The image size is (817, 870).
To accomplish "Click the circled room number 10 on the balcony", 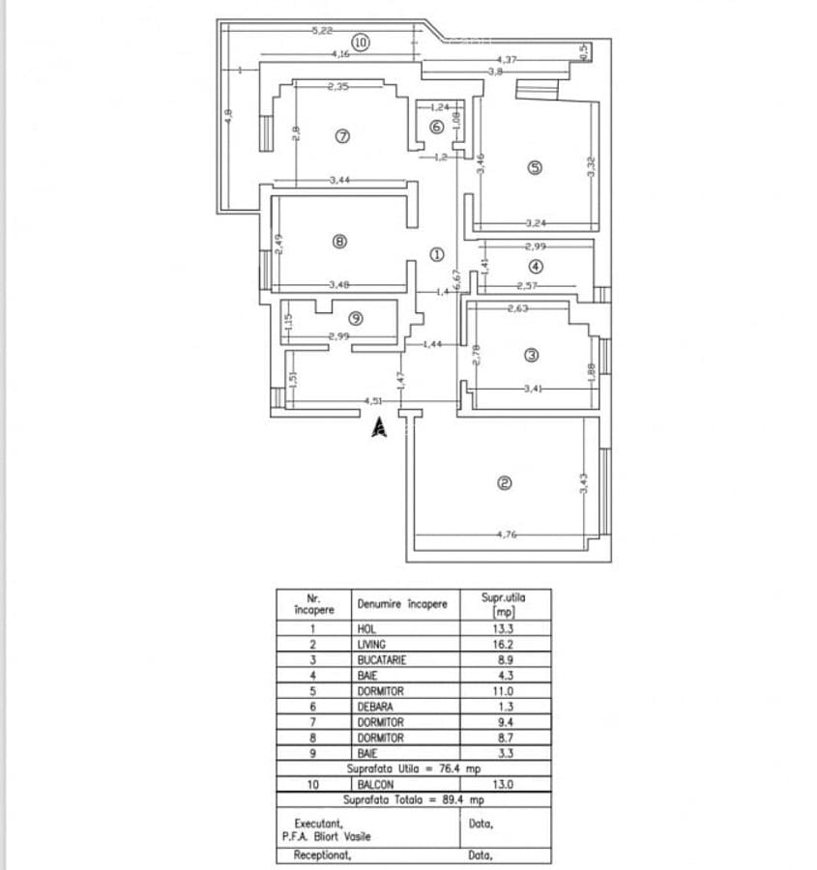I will point(360,43).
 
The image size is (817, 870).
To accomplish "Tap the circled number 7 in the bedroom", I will point(341,135).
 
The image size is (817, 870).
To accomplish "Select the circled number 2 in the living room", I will point(503,484).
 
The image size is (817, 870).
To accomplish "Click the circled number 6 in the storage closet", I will point(436,127).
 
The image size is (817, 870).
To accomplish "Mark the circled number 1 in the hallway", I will point(436,256).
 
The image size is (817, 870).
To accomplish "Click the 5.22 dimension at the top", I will point(323,31).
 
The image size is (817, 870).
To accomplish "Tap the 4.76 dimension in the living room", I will point(509,534).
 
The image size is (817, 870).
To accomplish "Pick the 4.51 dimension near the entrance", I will point(373,401).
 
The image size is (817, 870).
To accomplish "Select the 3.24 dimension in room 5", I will point(537,223).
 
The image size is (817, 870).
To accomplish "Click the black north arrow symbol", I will point(380,426).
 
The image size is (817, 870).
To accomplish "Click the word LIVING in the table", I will point(371,644).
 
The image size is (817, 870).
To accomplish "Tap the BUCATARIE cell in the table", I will point(381,659).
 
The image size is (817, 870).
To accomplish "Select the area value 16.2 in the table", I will point(503,644).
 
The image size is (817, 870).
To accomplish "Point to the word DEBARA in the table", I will point(374,707).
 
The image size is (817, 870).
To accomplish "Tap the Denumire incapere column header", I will point(402,604).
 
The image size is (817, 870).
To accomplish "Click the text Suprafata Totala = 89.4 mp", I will point(413,800).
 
